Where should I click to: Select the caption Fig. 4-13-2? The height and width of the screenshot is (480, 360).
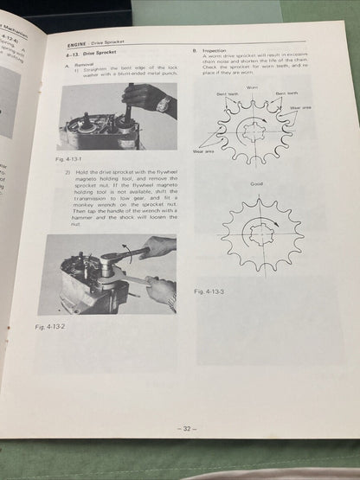53,326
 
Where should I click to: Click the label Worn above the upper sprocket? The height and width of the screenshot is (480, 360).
251,86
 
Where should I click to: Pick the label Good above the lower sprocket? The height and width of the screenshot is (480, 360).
256,184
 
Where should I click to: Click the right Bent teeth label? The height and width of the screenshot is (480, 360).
286,93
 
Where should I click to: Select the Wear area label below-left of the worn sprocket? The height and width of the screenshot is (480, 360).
203,151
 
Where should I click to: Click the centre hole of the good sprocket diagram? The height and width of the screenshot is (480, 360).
257,231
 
